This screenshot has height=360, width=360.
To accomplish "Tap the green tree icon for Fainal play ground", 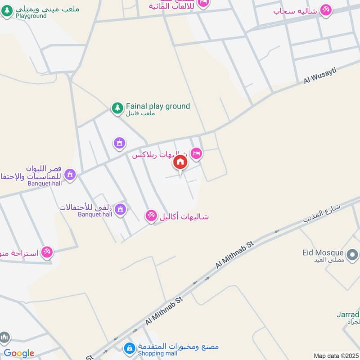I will tap(117, 108).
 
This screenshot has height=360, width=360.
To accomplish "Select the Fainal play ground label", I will tap(157, 107).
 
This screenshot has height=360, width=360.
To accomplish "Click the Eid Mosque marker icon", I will tap(352, 254).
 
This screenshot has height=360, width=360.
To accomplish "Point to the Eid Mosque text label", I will tap(323, 253).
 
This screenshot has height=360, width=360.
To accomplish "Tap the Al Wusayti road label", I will tap(320, 73).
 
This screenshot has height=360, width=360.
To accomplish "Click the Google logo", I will tap(19, 354).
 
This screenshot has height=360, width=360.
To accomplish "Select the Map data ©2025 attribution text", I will tap(335, 356).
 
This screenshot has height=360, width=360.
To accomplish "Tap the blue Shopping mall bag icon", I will tap(130, 348).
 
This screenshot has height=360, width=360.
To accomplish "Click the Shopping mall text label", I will tap(157, 354).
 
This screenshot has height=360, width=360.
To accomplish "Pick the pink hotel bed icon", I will tap(196, 153).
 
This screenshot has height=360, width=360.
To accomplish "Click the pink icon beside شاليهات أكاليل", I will tap(151, 216).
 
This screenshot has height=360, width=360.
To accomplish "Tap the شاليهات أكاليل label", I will tap(184, 216).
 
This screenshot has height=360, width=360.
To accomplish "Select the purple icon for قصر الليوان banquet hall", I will tap(70, 174).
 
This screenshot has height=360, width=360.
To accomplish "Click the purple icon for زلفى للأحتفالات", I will tap(120, 209).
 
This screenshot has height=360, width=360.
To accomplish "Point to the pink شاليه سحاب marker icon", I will tap(326, 10).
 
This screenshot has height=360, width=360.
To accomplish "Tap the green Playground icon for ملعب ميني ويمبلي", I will tap(7, 12).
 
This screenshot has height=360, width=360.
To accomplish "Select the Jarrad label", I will tap(348, 314).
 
